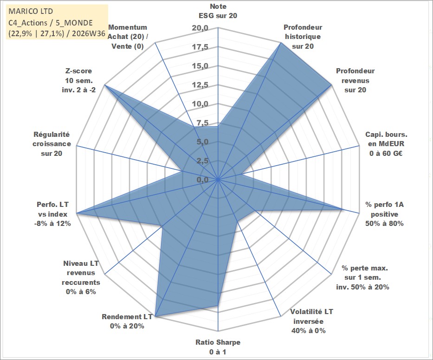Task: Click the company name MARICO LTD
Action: (31, 11)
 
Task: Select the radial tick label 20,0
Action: (200, 28)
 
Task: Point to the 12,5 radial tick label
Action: (200, 85)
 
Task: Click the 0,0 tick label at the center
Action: (202, 180)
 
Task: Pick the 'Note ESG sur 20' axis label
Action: (218, 11)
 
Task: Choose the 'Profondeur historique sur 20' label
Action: (303, 37)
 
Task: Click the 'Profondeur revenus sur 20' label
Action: (355, 80)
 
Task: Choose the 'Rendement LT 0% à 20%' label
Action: (127, 321)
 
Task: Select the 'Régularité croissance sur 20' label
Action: (52, 144)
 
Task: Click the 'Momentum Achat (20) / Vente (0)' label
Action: (128, 37)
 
